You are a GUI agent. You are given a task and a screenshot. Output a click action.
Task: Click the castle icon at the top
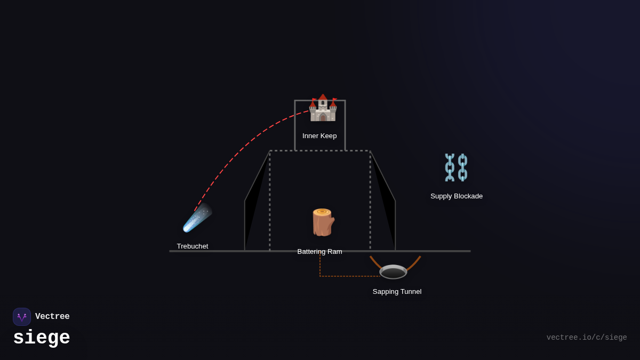pyautogui.click(x=323, y=108)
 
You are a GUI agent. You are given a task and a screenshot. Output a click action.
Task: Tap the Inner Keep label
pyautogui.click(x=319, y=136)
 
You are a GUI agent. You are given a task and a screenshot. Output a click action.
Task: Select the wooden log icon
pyautogui.click(x=322, y=222)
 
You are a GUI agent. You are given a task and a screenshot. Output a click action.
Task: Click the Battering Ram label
pyautogui.click(x=319, y=252)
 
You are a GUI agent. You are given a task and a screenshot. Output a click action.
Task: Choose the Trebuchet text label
pyautogui.click(x=193, y=246)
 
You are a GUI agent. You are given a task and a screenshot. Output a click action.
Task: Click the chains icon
pyautogui.click(x=456, y=167)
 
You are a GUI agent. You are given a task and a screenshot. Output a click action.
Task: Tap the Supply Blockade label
pyautogui.click(x=457, y=196)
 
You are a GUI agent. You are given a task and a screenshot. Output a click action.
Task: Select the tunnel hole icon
pyautogui.click(x=393, y=272)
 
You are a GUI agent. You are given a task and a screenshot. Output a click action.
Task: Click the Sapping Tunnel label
pyautogui.click(x=397, y=292)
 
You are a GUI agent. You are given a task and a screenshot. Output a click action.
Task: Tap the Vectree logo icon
pyautogui.click(x=22, y=317)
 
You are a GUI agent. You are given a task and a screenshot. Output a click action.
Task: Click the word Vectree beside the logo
pyautogui.click(x=52, y=317)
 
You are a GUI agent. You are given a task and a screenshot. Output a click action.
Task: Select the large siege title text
pyautogui.click(x=42, y=338)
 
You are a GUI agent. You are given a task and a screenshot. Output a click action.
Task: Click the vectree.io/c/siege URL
pyautogui.click(x=587, y=338)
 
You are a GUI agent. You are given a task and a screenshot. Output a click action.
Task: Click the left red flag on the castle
pyautogui.click(x=314, y=100)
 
